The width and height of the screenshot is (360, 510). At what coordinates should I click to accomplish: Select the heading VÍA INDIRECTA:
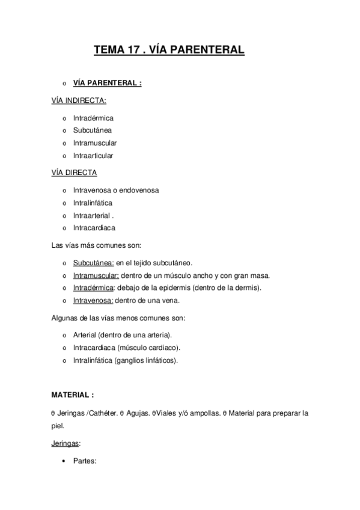tap(79, 100)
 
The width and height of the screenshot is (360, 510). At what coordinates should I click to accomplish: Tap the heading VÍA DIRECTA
tap(75, 172)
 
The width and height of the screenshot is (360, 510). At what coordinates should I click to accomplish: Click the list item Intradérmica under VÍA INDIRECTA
tap(93, 118)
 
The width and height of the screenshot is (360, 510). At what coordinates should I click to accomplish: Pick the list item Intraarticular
tap(93, 156)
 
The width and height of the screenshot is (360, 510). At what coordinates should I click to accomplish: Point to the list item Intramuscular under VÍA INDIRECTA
tap(95, 143)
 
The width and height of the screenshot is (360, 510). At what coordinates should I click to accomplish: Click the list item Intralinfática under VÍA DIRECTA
tap(93, 203)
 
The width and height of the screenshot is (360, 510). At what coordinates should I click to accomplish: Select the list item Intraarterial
tap(92, 215)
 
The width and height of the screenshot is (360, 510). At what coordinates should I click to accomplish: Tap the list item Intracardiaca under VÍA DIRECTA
tap(94, 228)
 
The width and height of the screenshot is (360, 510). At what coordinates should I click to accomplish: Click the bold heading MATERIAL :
tap(73, 395)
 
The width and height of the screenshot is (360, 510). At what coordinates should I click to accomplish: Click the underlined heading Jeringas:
tap(67, 443)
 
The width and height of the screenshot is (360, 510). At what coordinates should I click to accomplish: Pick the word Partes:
tap(85, 461)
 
